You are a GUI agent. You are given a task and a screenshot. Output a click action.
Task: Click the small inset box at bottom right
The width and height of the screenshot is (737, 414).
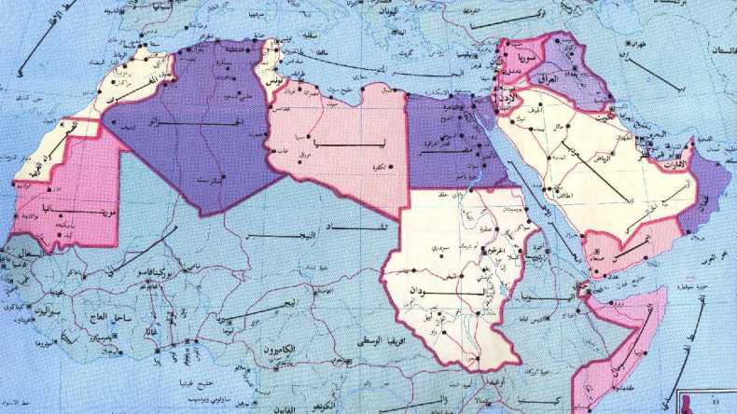pos(707,401)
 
